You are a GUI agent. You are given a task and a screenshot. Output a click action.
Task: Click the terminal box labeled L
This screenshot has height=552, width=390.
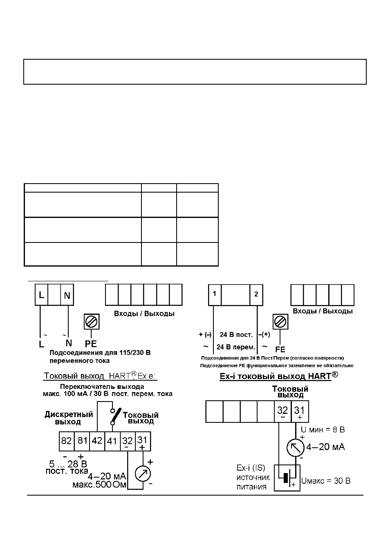tap(41, 295)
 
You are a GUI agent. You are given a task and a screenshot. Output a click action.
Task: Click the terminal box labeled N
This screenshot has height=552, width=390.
tap(67, 295)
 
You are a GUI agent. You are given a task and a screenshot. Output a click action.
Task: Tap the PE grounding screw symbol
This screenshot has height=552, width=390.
tap(92, 321)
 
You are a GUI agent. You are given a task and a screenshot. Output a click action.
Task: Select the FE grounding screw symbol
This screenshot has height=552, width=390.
tap(280, 321)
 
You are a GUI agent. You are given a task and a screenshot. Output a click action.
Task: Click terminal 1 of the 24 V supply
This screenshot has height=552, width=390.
tap(215, 295)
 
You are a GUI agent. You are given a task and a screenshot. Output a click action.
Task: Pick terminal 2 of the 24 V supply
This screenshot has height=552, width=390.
tap(256, 295)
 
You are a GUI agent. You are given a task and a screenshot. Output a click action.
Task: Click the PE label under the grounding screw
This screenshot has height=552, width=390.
tap(91, 343)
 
